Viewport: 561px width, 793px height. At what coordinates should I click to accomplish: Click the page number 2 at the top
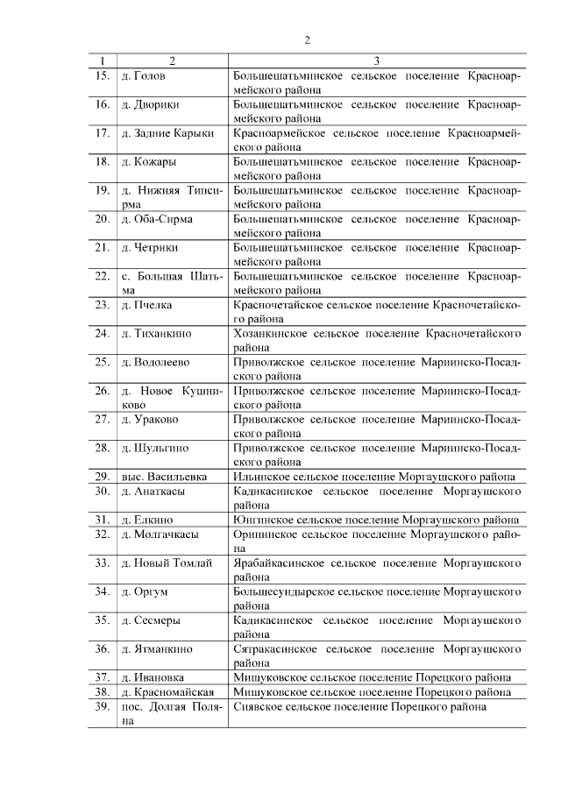[x=308, y=39]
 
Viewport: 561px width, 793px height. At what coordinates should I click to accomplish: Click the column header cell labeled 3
[x=376, y=61]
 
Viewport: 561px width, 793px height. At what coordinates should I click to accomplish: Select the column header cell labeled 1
[x=103, y=61]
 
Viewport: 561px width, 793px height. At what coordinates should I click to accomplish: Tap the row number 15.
[x=102, y=75]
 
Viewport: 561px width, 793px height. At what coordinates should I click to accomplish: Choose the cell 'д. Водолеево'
[x=156, y=362]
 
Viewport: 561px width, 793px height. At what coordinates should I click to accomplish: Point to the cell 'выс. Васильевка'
[x=164, y=477]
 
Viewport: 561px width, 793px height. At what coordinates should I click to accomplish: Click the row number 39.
[x=102, y=706]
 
